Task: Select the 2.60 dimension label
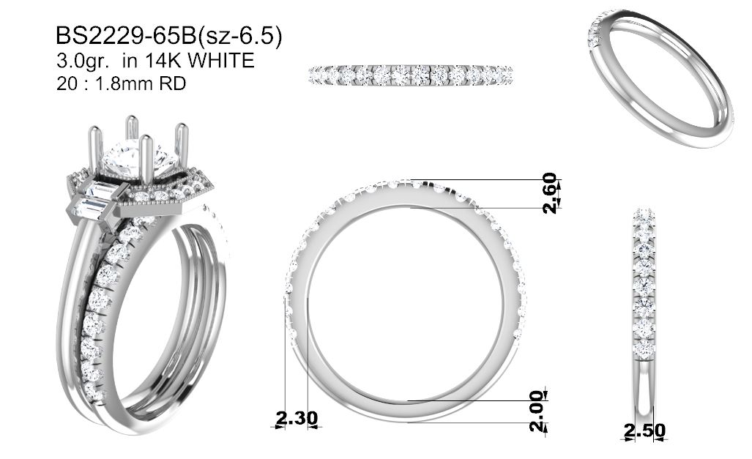point(550,193)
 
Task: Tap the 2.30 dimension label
point(297,418)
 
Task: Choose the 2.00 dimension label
point(538,411)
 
